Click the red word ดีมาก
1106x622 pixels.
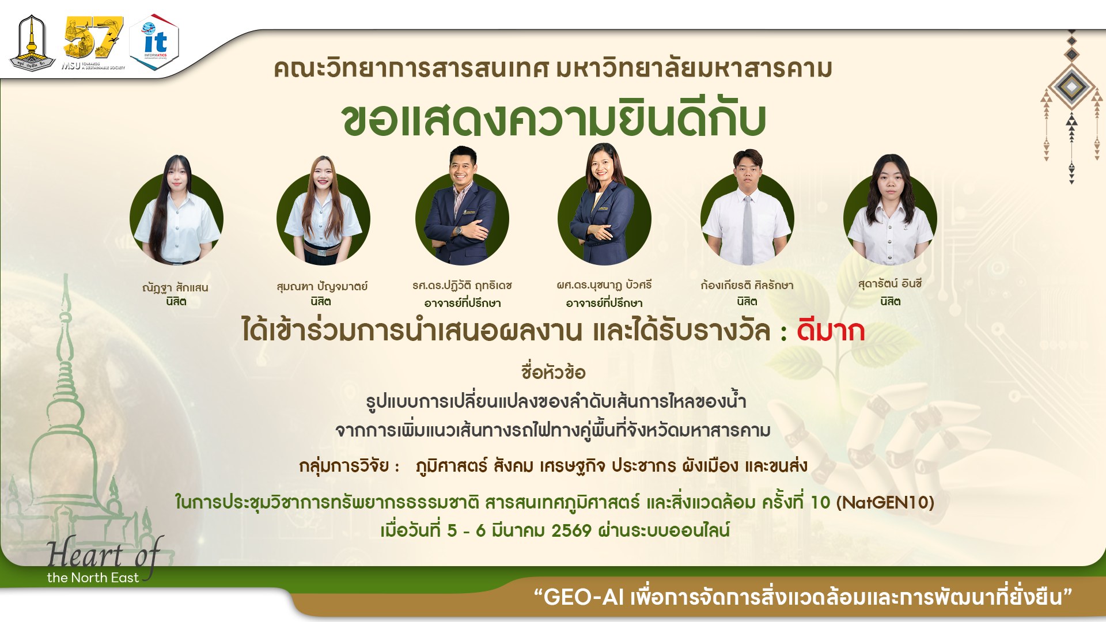coord(830,332)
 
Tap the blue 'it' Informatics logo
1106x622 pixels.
coord(154,43)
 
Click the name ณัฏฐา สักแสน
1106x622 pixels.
coord(175,287)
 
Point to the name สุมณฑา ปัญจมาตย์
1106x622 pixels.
coord(321,286)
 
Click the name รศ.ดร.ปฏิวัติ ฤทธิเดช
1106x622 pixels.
coord(462,285)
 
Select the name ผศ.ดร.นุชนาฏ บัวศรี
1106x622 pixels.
coord(604,285)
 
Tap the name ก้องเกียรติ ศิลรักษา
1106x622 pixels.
coord(747,285)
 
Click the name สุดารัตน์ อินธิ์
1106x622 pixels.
coord(889,284)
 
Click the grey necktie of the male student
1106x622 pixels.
coord(747,230)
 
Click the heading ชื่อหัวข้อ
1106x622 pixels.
coord(553,373)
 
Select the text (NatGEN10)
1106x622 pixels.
coord(885,502)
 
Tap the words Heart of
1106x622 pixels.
coord(104,554)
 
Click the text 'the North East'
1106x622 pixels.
coord(93,578)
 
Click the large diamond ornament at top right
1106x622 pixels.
coord(1071,86)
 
